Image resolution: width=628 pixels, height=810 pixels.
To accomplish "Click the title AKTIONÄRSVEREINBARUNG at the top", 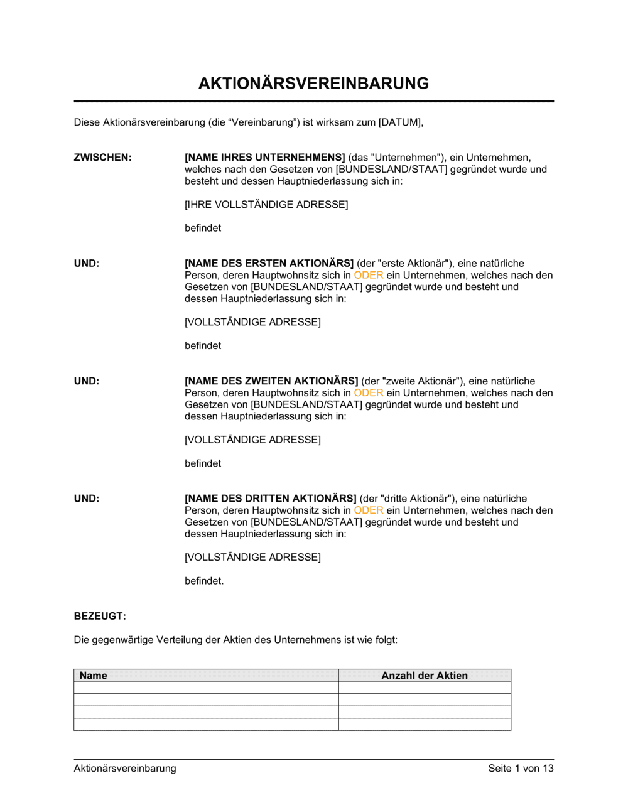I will point(313,84).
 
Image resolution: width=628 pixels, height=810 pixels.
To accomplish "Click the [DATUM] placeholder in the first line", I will point(400,122).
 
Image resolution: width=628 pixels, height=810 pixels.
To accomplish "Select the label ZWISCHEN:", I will point(102,158).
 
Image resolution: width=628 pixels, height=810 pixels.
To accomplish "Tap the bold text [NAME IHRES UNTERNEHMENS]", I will point(264,158).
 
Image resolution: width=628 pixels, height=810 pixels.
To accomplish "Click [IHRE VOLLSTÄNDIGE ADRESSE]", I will point(266,205).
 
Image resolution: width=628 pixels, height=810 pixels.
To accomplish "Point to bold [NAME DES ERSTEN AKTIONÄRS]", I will point(269,264).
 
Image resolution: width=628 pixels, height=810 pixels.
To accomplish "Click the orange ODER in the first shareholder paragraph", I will point(369,276).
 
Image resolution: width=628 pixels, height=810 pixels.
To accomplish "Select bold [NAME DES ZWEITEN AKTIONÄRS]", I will point(271,381).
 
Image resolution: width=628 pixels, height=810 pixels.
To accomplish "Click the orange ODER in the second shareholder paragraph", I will point(369,393).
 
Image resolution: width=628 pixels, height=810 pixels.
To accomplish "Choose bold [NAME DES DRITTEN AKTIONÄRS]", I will point(270,499).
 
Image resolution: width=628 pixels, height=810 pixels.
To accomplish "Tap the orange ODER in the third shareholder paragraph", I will point(369,510).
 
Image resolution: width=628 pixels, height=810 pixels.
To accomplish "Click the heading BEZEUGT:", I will point(100,617).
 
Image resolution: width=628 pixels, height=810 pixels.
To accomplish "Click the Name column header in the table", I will point(94,676).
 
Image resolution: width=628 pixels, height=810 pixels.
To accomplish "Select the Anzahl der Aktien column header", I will point(425,676).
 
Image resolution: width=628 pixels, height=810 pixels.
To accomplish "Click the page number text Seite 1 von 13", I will point(521,769).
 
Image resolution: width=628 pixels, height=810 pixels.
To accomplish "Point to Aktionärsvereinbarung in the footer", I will point(125,769).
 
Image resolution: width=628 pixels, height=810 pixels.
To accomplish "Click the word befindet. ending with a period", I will point(204,581).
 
